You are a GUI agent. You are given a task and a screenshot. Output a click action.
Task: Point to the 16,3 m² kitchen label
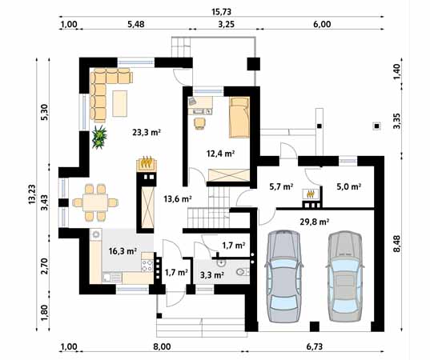(123, 250)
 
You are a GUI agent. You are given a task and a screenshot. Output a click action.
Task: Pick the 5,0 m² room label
(348, 187)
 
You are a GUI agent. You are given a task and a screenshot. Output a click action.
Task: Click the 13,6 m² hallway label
(178, 198)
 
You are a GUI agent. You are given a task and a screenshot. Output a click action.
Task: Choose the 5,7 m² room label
(280, 187)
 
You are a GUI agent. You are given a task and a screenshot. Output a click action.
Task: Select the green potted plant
(100, 138)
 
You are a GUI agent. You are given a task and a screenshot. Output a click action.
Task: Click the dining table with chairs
(94, 202)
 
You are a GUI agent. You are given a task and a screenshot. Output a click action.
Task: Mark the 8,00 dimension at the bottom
(162, 347)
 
